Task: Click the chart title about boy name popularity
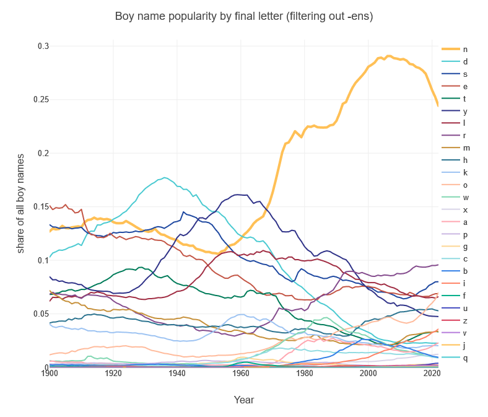coord(244,16)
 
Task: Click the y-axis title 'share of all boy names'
coord(20,203)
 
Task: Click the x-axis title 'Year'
coord(243,400)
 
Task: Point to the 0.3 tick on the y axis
coord(43,46)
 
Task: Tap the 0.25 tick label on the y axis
coord(41,100)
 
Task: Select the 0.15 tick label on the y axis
coord(41,207)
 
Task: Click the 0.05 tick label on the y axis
coord(41,314)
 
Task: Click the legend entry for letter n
coord(465,50)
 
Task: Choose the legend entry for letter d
coord(465,62)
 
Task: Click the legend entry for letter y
coord(465,111)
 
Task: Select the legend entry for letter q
coord(465,358)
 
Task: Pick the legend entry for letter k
coord(465,173)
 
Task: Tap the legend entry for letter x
coord(465,210)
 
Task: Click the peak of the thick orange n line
coord(388,56)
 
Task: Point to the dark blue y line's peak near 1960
coord(237,195)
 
